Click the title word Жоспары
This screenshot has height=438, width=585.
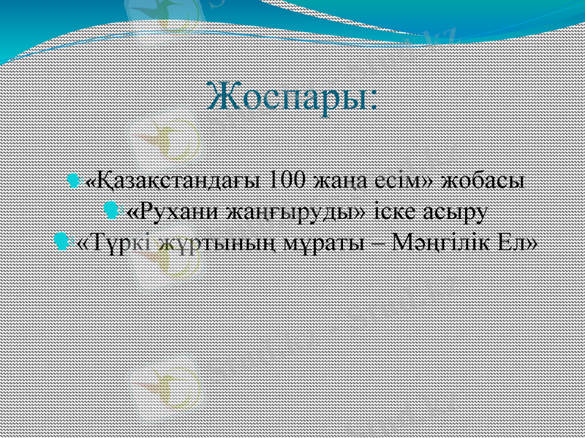coord(286,97)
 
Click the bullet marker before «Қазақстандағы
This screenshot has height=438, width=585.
coord(73,180)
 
